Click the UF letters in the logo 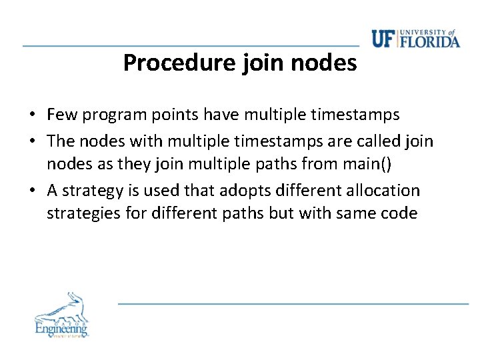pos(384,39)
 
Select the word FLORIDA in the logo pos(430,41)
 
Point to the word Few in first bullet pos(61,115)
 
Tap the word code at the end pos(399,213)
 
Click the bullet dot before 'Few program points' pos(32,115)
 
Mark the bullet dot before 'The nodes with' pos(32,141)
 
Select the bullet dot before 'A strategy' pos(32,191)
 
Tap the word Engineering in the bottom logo pos(61,328)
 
